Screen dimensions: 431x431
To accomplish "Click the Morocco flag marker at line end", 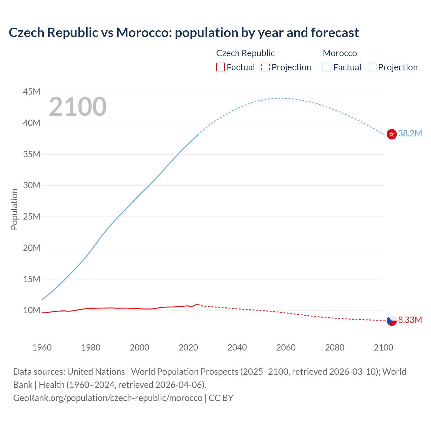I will [392, 134].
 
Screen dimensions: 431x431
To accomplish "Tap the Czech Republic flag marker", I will [392, 321].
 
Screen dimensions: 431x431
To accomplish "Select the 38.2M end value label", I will [410, 134].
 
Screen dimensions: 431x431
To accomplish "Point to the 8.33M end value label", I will [410, 320].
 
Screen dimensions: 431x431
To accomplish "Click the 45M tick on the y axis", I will [32, 92].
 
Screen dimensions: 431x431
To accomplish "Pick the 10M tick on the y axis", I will [32, 310].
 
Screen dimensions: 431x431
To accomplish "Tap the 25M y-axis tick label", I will [32, 217].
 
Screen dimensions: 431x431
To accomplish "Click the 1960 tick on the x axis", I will [42, 347].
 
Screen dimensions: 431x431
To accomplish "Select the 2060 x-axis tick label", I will [286, 347].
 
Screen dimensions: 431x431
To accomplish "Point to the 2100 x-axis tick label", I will [383, 347].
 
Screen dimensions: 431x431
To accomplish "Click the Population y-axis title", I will [14, 209].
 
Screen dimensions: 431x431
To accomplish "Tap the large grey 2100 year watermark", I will [78, 107].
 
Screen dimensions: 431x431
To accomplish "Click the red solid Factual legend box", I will [221, 67].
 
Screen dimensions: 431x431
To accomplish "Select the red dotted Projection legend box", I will [265, 67].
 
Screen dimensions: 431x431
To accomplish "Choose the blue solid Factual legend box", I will [327, 67].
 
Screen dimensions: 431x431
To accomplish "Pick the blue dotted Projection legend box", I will [372, 67].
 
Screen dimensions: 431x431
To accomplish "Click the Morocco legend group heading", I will [340, 53].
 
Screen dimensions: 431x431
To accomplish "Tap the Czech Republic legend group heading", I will [245, 53].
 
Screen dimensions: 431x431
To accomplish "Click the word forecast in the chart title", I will [335, 33].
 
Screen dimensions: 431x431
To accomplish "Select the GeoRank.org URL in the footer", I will [108, 398].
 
